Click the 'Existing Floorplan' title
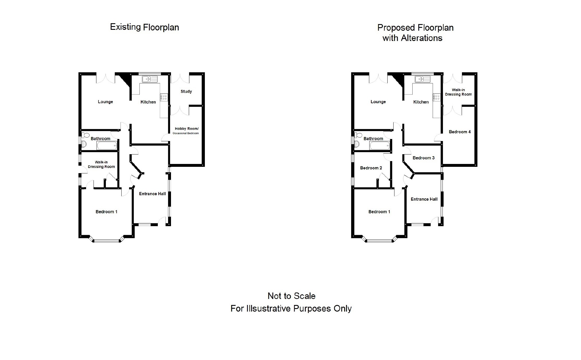pyautogui.click(x=145, y=27)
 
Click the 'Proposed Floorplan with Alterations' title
pyautogui.click(x=415, y=33)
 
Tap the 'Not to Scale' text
pyautogui.click(x=292, y=296)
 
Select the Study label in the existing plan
pyautogui.click(x=186, y=91)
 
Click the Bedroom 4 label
pyautogui.click(x=460, y=132)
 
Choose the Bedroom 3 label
pyautogui.click(x=423, y=158)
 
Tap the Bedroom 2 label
pyautogui.click(x=371, y=168)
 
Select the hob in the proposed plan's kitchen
pyautogui.click(x=437, y=97)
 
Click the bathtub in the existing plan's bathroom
pyautogui.click(x=107, y=146)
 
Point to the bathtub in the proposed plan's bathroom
pyautogui.click(x=380, y=146)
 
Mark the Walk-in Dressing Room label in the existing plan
pyautogui.click(x=101, y=165)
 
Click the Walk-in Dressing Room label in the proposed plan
pyautogui.click(x=458, y=92)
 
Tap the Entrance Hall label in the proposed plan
pyautogui.click(x=424, y=199)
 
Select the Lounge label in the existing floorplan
pyautogui.click(x=105, y=102)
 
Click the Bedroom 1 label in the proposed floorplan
pyautogui.click(x=379, y=212)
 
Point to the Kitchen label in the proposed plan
pyautogui.click(x=421, y=102)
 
